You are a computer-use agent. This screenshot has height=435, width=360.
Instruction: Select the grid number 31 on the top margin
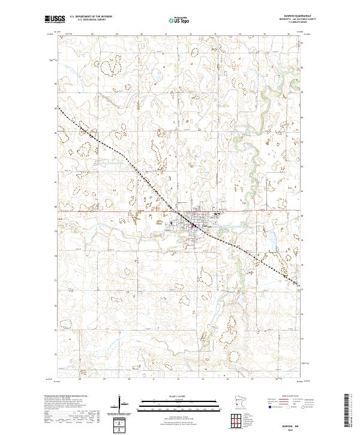coord(154,35)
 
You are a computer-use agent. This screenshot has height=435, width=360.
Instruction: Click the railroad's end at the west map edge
coord(58,107)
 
